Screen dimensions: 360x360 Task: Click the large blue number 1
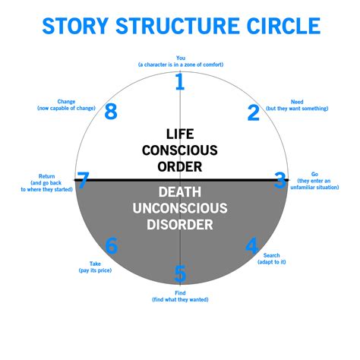click(x=180, y=81)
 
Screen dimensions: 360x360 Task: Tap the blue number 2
click(x=254, y=112)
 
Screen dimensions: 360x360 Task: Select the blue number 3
click(x=280, y=181)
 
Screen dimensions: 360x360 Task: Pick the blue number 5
click(x=180, y=273)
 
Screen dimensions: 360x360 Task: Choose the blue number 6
click(x=112, y=246)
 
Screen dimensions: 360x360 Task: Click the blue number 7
click(x=83, y=182)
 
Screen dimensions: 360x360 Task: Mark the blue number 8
click(x=111, y=112)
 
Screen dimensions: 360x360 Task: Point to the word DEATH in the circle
click(x=180, y=190)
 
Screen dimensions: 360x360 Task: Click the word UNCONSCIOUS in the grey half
click(x=180, y=207)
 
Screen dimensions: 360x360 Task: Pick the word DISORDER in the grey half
click(x=180, y=223)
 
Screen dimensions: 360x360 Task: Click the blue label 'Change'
click(x=66, y=102)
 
